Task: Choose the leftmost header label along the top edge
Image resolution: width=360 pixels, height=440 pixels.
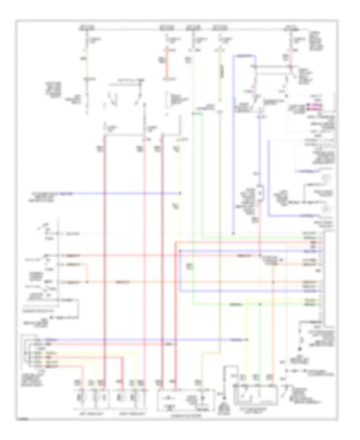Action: click(88, 29)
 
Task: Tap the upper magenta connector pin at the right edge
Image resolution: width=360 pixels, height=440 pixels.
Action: click(308, 105)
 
